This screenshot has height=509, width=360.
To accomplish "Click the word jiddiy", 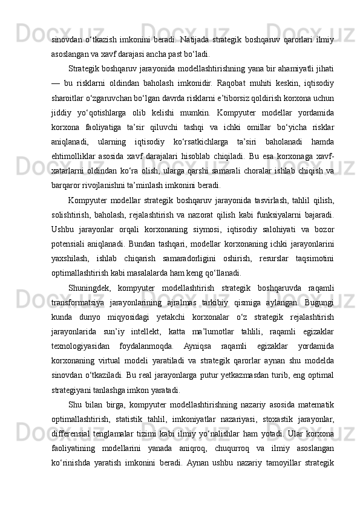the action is (x=64, y=113).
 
